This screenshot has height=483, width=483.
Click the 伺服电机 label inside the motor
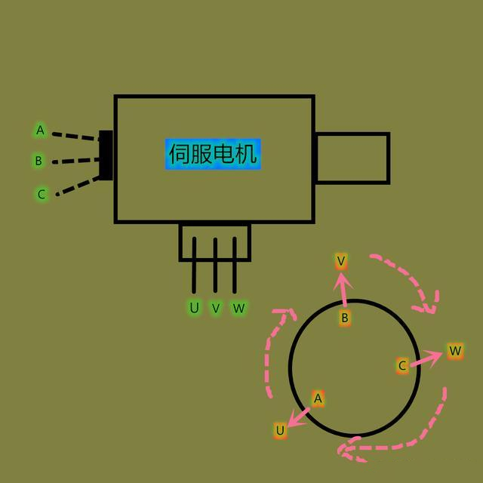214,155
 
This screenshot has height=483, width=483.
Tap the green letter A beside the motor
40,131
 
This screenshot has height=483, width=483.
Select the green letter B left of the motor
38,161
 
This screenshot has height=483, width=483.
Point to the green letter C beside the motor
42,194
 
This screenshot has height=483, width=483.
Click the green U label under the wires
195,308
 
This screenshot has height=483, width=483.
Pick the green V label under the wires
216,308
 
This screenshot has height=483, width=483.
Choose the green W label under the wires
238,308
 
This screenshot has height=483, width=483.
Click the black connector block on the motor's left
106,155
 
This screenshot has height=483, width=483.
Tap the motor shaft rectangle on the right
352,158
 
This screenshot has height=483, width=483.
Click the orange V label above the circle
341,261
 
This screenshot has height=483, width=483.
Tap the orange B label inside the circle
345,318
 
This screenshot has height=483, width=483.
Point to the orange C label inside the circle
402,366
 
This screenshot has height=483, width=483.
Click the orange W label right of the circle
454,351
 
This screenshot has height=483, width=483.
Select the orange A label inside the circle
318,398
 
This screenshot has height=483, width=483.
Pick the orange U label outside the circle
280,430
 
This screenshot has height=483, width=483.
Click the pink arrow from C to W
427,358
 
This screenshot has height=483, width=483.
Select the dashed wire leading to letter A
75,137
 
